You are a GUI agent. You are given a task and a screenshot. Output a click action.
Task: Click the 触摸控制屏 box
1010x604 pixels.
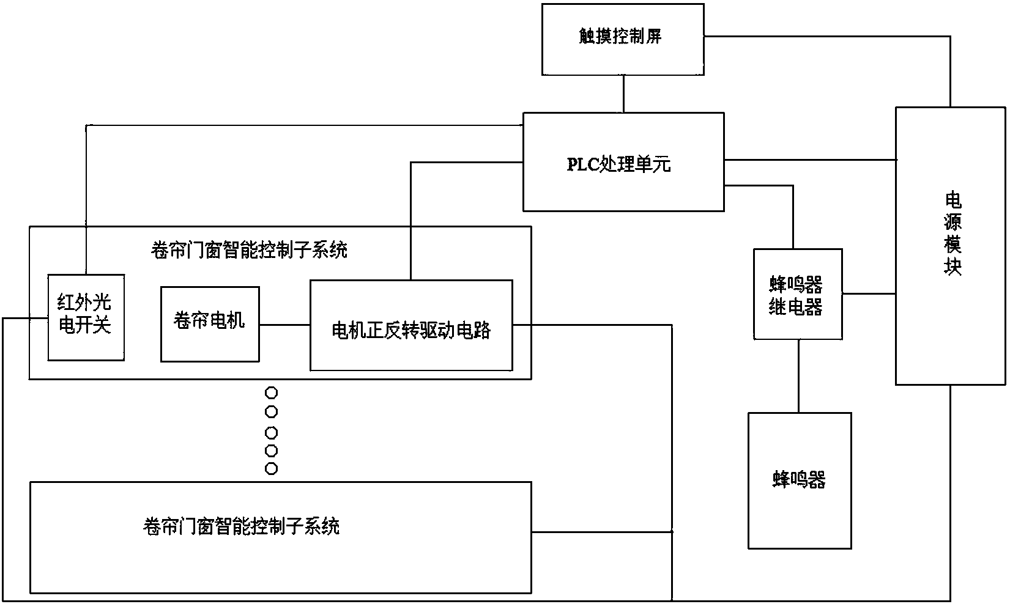pos(623,39)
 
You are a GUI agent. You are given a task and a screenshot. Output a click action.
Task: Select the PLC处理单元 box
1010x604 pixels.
pos(623,162)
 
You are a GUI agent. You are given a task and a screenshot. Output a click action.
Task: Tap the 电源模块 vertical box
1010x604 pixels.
pos(951,246)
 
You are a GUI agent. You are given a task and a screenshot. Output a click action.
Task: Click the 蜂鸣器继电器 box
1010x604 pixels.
pos(798,294)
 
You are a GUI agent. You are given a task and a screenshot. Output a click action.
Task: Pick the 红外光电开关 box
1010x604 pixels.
pos(86,317)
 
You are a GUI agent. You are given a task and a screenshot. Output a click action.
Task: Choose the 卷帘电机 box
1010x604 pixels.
pos(210,324)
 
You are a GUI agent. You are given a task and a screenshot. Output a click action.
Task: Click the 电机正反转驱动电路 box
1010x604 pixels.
pos(411,325)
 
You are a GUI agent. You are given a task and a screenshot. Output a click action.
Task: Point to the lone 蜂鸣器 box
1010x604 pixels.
pos(800,481)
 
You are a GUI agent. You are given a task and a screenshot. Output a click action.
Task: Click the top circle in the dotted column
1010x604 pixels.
pos(271,393)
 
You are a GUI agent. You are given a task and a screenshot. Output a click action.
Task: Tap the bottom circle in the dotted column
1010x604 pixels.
pos(271,469)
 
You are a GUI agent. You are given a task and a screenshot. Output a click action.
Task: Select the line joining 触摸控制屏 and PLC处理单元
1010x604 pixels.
pos(623,94)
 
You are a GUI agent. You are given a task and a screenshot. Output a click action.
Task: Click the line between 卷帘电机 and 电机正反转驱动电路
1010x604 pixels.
pos(284,325)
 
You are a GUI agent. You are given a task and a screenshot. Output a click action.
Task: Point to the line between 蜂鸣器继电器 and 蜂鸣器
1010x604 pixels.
pos(798,376)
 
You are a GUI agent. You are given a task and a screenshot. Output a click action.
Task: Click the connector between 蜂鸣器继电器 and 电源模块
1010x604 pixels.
pos(869,294)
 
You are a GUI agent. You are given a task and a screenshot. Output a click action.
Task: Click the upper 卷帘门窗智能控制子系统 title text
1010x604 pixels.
pos(249,250)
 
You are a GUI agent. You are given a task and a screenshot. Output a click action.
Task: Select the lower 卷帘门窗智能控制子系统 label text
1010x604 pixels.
pos(241,526)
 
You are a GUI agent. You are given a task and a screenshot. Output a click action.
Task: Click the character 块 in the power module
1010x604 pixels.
pos(952,266)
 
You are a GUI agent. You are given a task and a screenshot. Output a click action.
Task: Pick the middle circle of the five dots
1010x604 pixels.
pos(271,433)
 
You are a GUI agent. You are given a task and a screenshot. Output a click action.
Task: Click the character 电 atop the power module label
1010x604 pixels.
pos(952,200)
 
